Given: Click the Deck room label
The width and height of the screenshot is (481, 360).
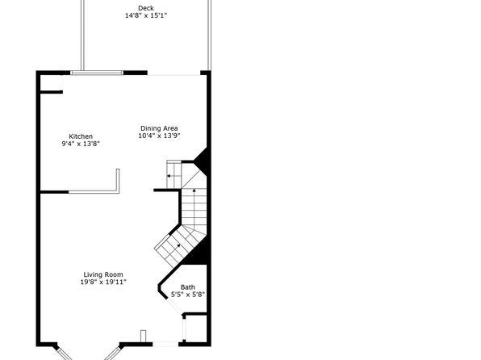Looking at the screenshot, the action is (146, 8).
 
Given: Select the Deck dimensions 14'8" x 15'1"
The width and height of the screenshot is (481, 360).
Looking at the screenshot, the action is (146, 15).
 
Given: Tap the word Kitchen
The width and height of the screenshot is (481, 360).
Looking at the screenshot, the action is (81, 136).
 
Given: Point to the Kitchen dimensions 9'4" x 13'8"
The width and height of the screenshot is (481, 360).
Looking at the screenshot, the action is (81, 144).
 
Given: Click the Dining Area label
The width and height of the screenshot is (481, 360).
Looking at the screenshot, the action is (159, 128).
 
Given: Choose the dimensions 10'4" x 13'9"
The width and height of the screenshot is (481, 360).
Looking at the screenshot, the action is (159, 136).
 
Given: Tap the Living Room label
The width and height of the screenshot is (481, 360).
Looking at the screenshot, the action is (103, 274).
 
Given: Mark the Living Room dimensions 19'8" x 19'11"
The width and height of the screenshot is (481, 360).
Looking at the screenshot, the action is (103, 282).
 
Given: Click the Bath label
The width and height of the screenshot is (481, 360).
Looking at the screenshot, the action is (188, 287).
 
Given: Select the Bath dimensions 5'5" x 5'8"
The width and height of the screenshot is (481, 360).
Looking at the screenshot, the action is (188, 295).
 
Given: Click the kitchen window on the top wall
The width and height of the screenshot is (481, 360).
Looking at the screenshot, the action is (97, 73).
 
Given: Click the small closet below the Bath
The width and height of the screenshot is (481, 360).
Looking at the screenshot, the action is (196, 328).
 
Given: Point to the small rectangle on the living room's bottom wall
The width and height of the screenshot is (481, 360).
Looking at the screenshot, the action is (144, 336).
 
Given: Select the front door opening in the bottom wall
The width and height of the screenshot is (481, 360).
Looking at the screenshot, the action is (165, 344).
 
